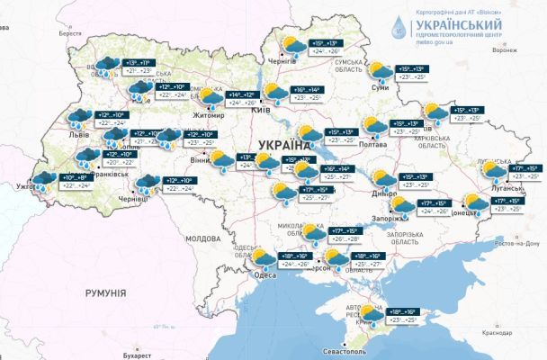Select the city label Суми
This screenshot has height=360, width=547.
pos(380,87)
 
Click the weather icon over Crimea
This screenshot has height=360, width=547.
pos(370,316)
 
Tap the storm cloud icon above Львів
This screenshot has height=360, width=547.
pos(78,118)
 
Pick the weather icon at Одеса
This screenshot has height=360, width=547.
pos(264,260)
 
